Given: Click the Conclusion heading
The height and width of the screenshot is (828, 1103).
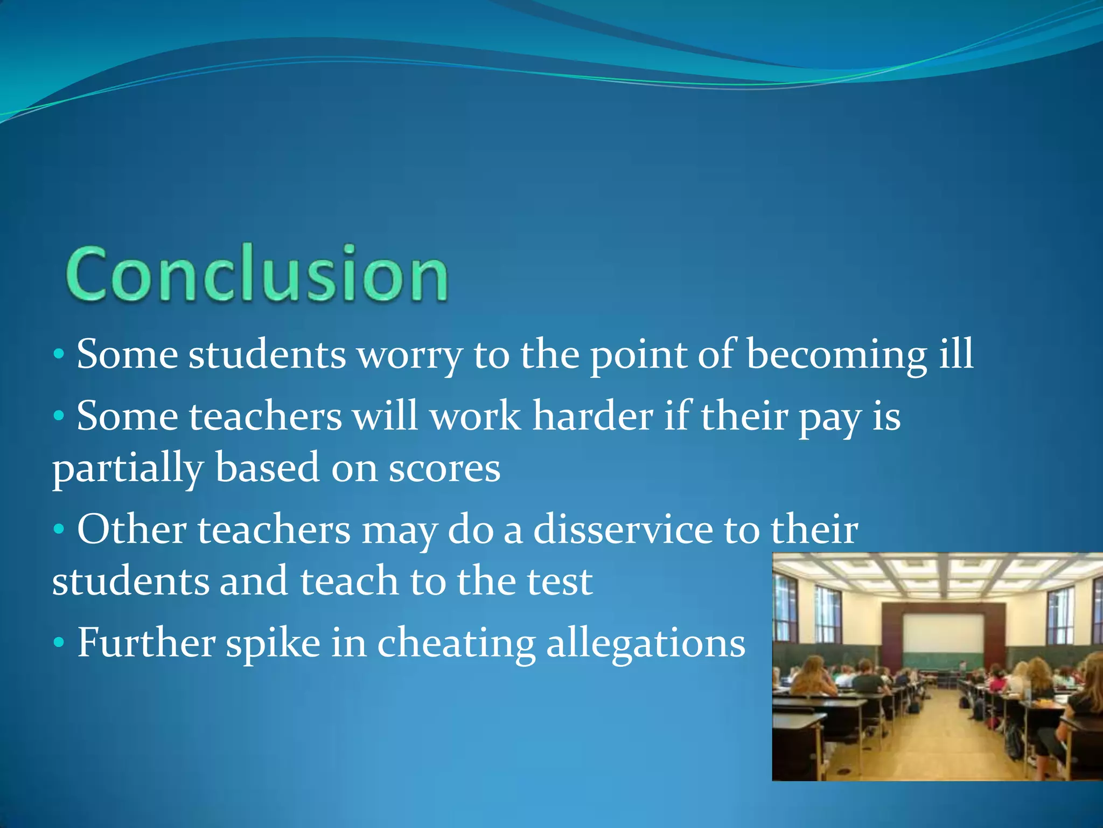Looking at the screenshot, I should click(x=257, y=274).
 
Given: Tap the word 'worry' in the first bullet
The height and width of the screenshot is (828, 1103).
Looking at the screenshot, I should click(x=409, y=356).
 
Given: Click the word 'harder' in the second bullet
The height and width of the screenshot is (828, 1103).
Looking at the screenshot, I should click(x=592, y=417).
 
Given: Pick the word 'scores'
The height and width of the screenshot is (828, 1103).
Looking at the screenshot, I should click(x=444, y=468).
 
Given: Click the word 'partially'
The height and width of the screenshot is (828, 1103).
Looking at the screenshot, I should click(x=127, y=469).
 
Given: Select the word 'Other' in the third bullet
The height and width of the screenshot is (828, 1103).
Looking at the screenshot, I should click(x=131, y=530).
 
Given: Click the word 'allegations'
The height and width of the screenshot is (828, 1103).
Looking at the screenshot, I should click(x=646, y=645).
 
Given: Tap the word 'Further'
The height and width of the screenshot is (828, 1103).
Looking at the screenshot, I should click(x=145, y=643).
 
